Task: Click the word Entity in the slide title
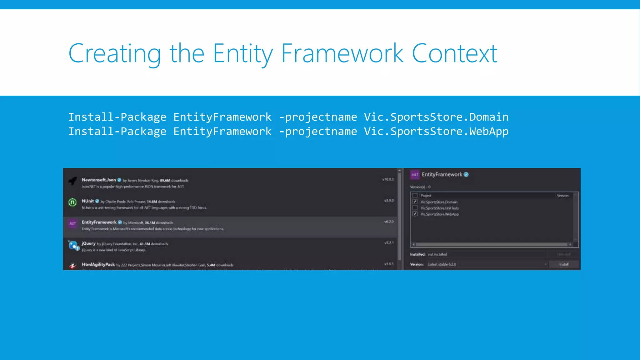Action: [242, 54]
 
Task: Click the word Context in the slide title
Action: [454, 54]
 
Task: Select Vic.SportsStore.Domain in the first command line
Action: [436, 117]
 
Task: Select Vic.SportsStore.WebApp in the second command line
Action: [436, 131]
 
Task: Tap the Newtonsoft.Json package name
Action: [99, 180]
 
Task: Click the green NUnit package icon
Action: [72, 202]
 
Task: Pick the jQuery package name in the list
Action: [88, 243]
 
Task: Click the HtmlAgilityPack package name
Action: [98, 264]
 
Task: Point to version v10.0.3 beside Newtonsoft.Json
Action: [388, 179]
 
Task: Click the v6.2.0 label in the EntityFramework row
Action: [389, 222]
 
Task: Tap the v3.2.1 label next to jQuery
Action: [389, 243]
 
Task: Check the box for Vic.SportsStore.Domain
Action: [415, 202]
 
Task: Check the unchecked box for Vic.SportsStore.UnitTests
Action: [415, 208]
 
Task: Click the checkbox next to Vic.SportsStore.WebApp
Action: [415, 214]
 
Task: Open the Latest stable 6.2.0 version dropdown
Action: [545, 264]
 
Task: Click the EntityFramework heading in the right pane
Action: [442, 174]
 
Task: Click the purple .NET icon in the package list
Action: [72, 223]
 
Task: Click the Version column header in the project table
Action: [562, 196]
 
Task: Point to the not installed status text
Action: [437, 254]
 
